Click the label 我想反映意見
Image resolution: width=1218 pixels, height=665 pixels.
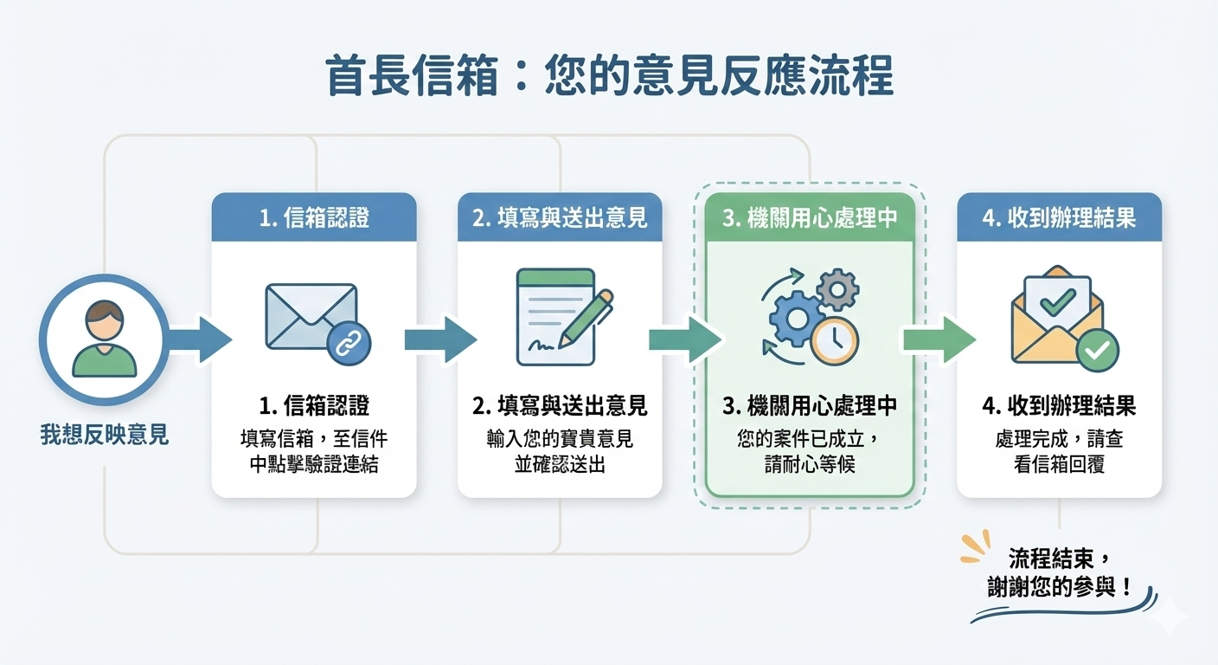(x=104, y=435)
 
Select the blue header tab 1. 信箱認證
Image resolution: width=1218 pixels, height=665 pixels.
(x=314, y=216)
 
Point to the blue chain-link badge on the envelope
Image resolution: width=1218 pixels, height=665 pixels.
(x=349, y=345)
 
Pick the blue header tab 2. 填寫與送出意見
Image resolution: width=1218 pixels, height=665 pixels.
(x=560, y=216)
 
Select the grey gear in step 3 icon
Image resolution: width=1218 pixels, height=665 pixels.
(x=837, y=289)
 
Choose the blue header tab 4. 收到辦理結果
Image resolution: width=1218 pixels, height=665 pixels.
(x=1059, y=216)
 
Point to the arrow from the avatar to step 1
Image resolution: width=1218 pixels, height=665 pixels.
(x=201, y=339)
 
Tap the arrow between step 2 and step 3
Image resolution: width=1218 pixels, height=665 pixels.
(x=684, y=339)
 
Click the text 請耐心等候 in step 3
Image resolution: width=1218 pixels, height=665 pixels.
(x=810, y=463)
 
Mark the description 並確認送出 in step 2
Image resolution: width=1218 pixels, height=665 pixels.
(x=560, y=463)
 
